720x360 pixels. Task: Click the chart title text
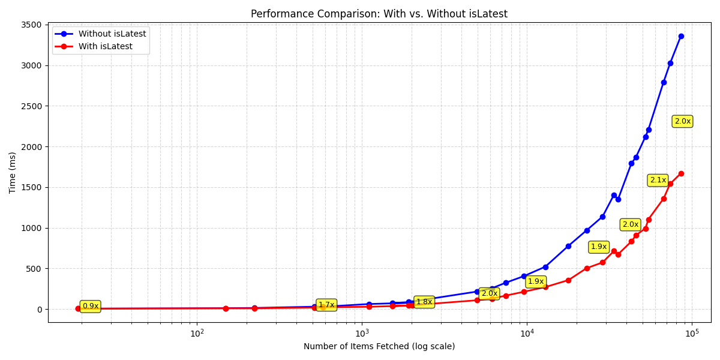(x=379, y=14)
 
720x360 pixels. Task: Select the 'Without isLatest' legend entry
(x=112, y=34)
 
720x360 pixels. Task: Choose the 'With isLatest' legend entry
(x=106, y=46)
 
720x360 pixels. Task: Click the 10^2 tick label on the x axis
(x=197, y=334)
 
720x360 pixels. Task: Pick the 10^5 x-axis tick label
(x=692, y=334)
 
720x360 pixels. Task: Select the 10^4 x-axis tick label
(x=527, y=334)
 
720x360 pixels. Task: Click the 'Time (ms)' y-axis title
(x=13, y=172)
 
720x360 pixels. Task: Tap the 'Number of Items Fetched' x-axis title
(x=379, y=346)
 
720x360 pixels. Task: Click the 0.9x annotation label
(x=90, y=306)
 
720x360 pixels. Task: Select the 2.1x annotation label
(x=658, y=180)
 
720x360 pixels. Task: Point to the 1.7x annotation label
(x=326, y=305)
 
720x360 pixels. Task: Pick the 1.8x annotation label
(x=424, y=302)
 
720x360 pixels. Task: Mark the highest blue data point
(x=681, y=36)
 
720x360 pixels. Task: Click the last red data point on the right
(x=681, y=173)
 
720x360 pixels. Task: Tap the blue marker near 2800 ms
(x=664, y=82)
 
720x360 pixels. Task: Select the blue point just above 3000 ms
(x=670, y=63)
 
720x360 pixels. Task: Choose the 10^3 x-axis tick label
(x=362, y=334)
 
